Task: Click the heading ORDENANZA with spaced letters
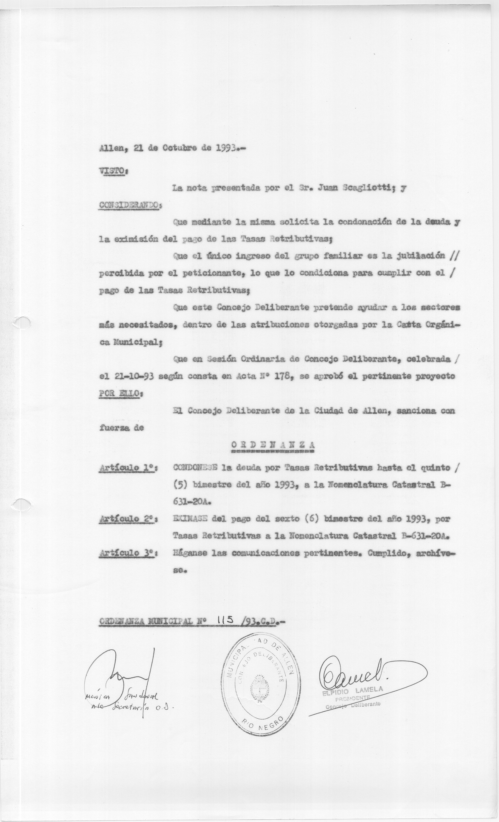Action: pos(272,445)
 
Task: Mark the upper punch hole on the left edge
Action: pos(22,322)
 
